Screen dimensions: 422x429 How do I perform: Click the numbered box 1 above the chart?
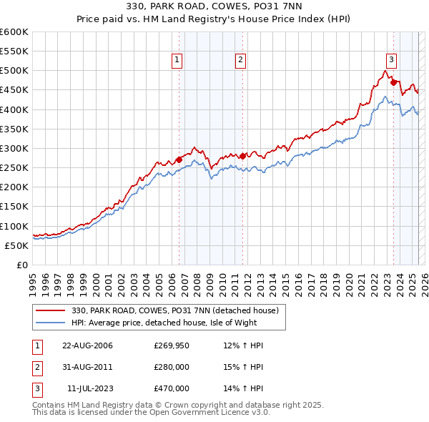pyautogui.click(x=177, y=60)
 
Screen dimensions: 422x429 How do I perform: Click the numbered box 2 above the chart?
pyautogui.click(x=241, y=60)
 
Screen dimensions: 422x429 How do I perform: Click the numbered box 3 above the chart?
pyautogui.click(x=392, y=60)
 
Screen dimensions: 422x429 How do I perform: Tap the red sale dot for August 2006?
pyautogui.click(x=179, y=160)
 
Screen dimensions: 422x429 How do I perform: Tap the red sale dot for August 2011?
pyautogui.click(x=243, y=156)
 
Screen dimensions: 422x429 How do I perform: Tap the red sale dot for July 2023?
pyautogui.click(x=394, y=82)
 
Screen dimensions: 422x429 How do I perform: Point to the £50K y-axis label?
pyautogui.click(x=16, y=245)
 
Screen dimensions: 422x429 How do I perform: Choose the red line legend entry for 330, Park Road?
pyautogui.click(x=179, y=310)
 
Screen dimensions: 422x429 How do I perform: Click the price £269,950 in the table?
pyautogui.click(x=172, y=345)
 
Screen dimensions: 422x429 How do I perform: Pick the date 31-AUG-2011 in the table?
pyautogui.click(x=88, y=367)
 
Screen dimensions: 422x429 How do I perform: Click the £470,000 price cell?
pyautogui.click(x=172, y=388)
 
